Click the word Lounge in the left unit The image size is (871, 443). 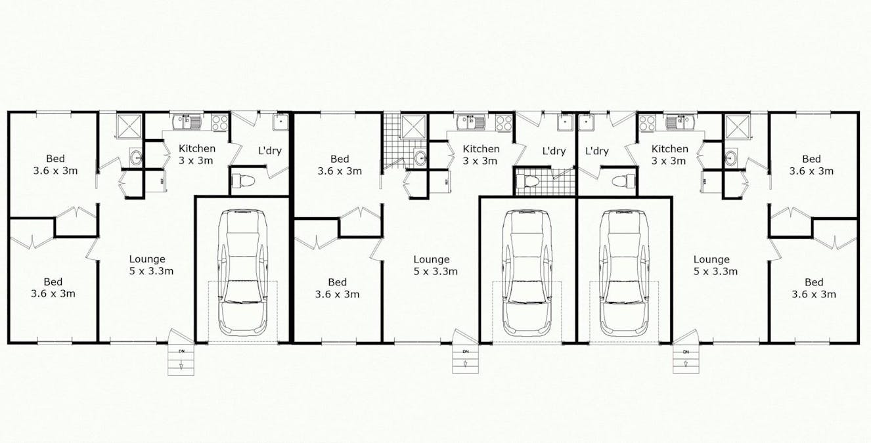(147, 259)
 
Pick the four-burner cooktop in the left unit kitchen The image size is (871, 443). (219, 122)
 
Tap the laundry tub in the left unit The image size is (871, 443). (281, 122)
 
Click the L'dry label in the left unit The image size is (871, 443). (269, 150)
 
